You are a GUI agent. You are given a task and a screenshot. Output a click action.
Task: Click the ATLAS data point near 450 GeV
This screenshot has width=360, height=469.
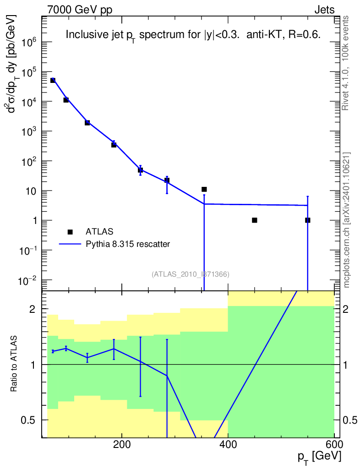pos(255,220)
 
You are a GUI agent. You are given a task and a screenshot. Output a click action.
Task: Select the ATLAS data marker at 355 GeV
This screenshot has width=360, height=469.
pos(204,189)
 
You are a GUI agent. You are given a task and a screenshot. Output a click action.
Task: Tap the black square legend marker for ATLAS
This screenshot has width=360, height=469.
pos(70,232)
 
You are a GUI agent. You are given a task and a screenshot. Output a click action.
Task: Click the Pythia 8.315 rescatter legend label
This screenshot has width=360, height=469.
pos(128,244)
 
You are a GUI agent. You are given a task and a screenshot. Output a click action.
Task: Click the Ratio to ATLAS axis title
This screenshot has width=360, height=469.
pos(14,365)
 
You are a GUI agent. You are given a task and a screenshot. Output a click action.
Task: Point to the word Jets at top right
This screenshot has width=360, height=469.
pos(324,10)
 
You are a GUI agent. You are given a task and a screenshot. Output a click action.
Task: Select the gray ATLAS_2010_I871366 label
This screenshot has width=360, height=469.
pos(191,274)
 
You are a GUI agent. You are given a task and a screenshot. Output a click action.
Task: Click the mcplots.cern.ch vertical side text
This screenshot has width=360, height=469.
pos(347,220)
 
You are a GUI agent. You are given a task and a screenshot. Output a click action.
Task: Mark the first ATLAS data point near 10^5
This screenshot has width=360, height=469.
pos(53,80)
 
